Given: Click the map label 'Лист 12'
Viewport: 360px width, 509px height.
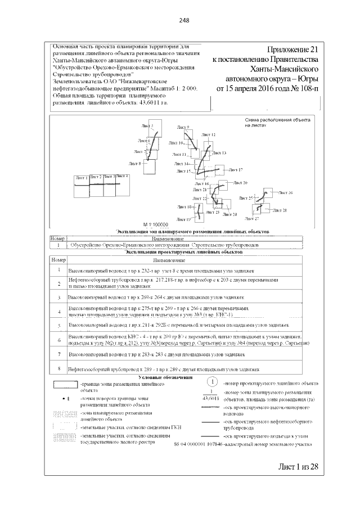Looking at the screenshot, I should (209, 135).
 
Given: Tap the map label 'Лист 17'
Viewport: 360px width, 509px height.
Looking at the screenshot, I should (236, 170).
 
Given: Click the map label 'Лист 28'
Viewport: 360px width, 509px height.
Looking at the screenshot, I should (280, 210).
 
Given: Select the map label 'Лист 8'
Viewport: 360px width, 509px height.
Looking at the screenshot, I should (135, 163).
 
